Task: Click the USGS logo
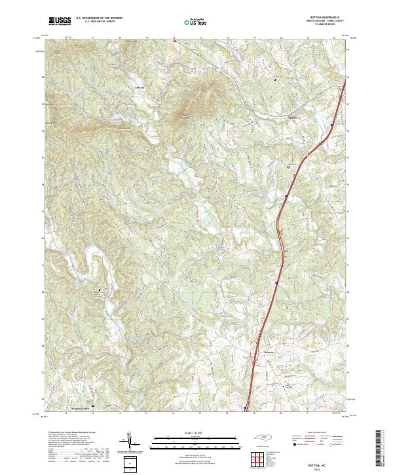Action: click(x=60, y=21)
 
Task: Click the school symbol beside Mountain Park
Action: click(x=93, y=406)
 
